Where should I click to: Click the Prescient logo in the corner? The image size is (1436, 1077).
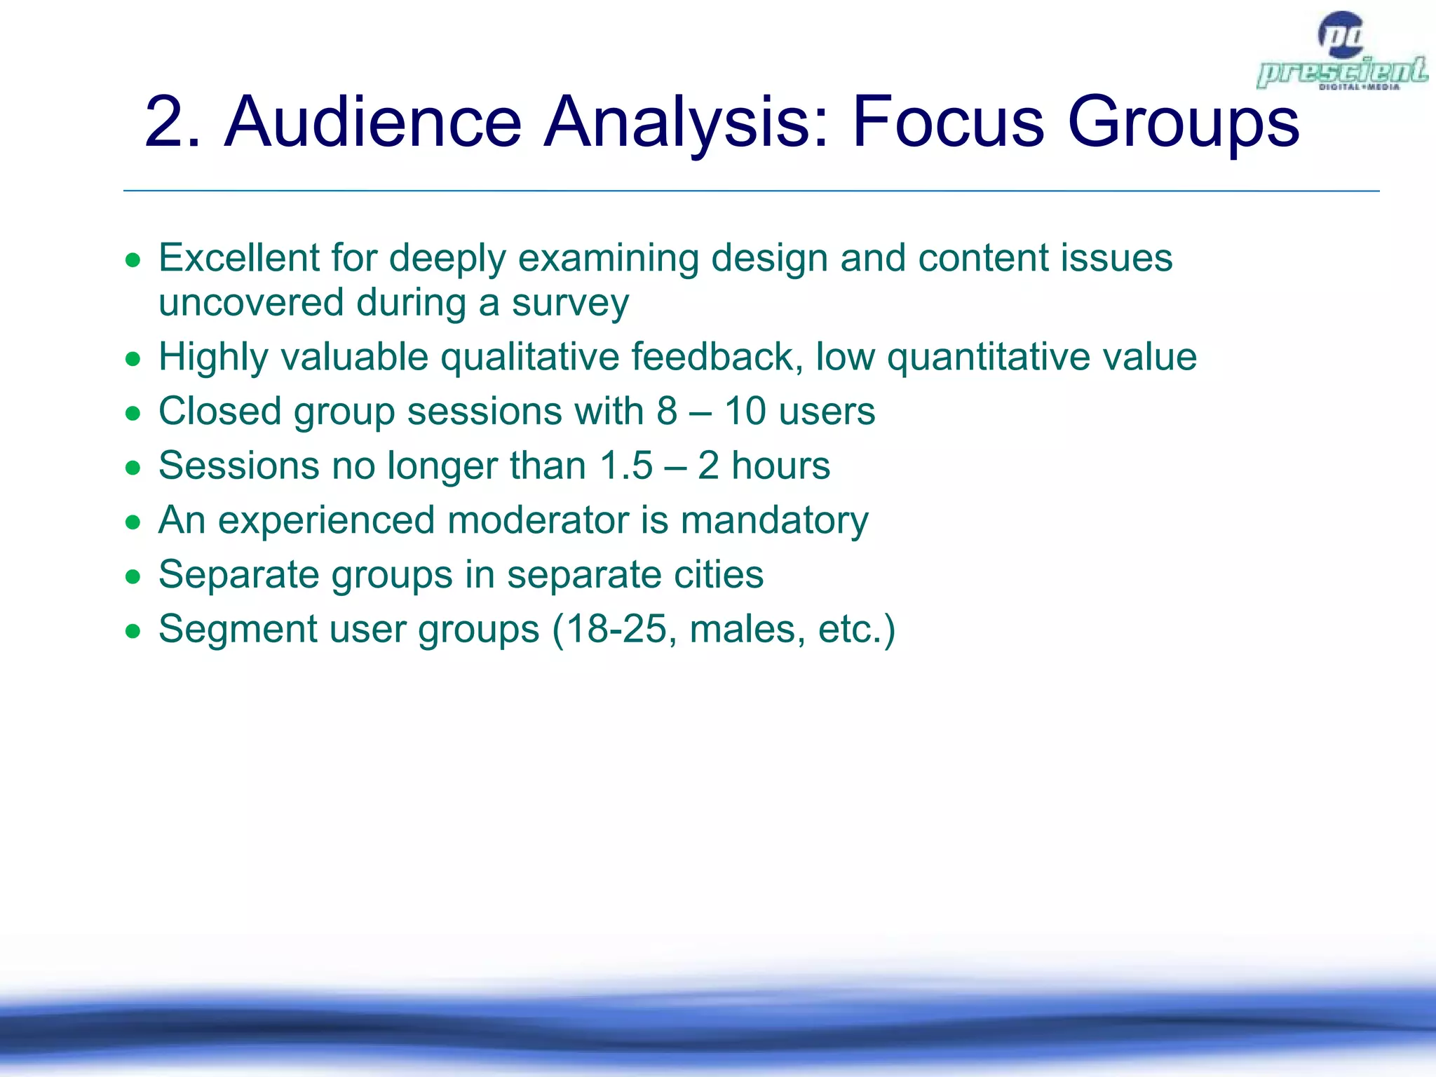click(1341, 53)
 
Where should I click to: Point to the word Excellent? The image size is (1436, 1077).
click(239, 258)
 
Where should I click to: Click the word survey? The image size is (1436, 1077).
click(570, 304)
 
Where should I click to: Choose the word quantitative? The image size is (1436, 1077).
click(989, 357)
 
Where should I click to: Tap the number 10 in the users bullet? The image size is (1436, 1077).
click(745, 411)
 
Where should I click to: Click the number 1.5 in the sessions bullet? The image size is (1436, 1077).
click(626, 466)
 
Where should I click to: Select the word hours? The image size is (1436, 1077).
click(780, 466)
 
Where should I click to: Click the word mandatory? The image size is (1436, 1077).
click(774, 522)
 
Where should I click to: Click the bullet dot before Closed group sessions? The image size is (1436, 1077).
click(133, 414)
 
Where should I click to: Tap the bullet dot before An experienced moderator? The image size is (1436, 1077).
click(133, 523)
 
